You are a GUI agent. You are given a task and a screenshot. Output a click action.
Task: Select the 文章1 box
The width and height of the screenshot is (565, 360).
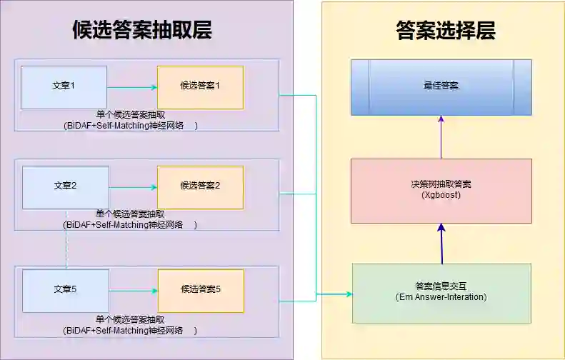[x=64, y=86]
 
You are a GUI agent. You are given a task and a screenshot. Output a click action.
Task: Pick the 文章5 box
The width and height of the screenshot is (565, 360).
[x=65, y=290]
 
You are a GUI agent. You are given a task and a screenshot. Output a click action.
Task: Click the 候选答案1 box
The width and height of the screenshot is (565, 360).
[x=200, y=86]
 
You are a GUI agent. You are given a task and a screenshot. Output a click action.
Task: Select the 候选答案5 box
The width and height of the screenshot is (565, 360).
[x=200, y=290]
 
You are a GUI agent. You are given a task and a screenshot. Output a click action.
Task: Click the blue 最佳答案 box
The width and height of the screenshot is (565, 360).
[x=441, y=86]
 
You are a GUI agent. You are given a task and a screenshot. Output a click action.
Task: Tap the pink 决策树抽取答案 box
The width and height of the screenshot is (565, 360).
[x=441, y=190]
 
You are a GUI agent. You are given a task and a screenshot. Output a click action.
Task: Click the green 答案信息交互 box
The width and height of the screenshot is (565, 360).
[x=441, y=292]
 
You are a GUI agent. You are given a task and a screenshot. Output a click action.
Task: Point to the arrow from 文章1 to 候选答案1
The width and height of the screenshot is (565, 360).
[x=132, y=88]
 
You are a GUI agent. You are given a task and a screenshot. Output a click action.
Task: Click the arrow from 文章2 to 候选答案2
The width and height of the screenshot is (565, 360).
[x=133, y=188]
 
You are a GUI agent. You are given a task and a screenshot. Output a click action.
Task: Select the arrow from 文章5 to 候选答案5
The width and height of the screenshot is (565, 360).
[x=133, y=291]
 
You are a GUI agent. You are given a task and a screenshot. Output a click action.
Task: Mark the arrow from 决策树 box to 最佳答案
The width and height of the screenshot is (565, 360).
[x=441, y=137]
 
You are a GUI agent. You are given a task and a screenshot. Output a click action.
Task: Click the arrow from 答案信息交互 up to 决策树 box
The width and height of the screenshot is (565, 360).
[x=441, y=244]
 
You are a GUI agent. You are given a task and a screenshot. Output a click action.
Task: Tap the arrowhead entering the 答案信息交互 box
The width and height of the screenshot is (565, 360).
[x=349, y=294]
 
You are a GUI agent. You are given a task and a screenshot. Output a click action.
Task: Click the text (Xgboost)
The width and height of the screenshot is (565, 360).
[x=441, y=194]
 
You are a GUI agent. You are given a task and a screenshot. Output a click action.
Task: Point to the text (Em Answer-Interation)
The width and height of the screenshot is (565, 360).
[x=441, y=296]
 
